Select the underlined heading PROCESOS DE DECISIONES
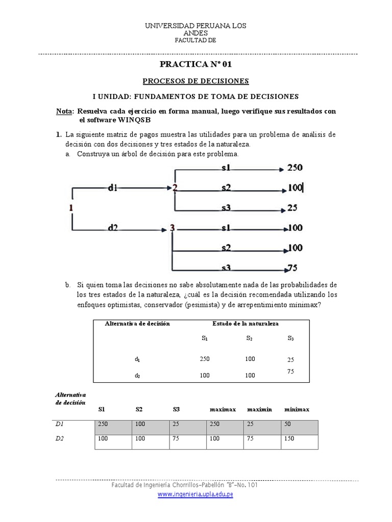click(195, 81)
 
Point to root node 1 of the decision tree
click(71, 207)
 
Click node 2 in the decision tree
click(175, 188)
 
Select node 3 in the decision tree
click(173, 228)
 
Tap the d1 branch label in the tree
click(113, 188)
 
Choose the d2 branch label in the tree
click(113, 228)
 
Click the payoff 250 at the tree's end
click(295, 167)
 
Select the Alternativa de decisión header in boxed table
click(137, 323)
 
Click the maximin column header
click(260, 409)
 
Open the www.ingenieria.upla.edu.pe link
click(195, 494)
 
